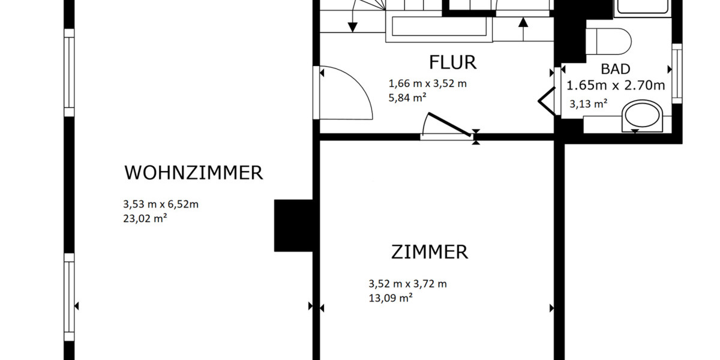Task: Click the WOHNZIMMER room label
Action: click(193, 173)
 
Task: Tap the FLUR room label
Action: click(452, 62)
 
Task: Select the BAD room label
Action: click(615, 69)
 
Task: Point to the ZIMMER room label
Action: click(429, 252)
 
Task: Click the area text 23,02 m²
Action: click(145, 219)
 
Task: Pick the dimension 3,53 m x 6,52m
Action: click(160, 205)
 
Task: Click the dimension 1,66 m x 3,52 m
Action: click(427, 84)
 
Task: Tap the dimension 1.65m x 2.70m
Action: click(616, 85)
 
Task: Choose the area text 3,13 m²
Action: click(588, 104)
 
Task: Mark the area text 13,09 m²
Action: click(390, 298)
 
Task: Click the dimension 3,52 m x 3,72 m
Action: click(407, 284)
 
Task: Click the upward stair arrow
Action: click(523, 23)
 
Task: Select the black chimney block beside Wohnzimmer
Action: click(293, 225)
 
